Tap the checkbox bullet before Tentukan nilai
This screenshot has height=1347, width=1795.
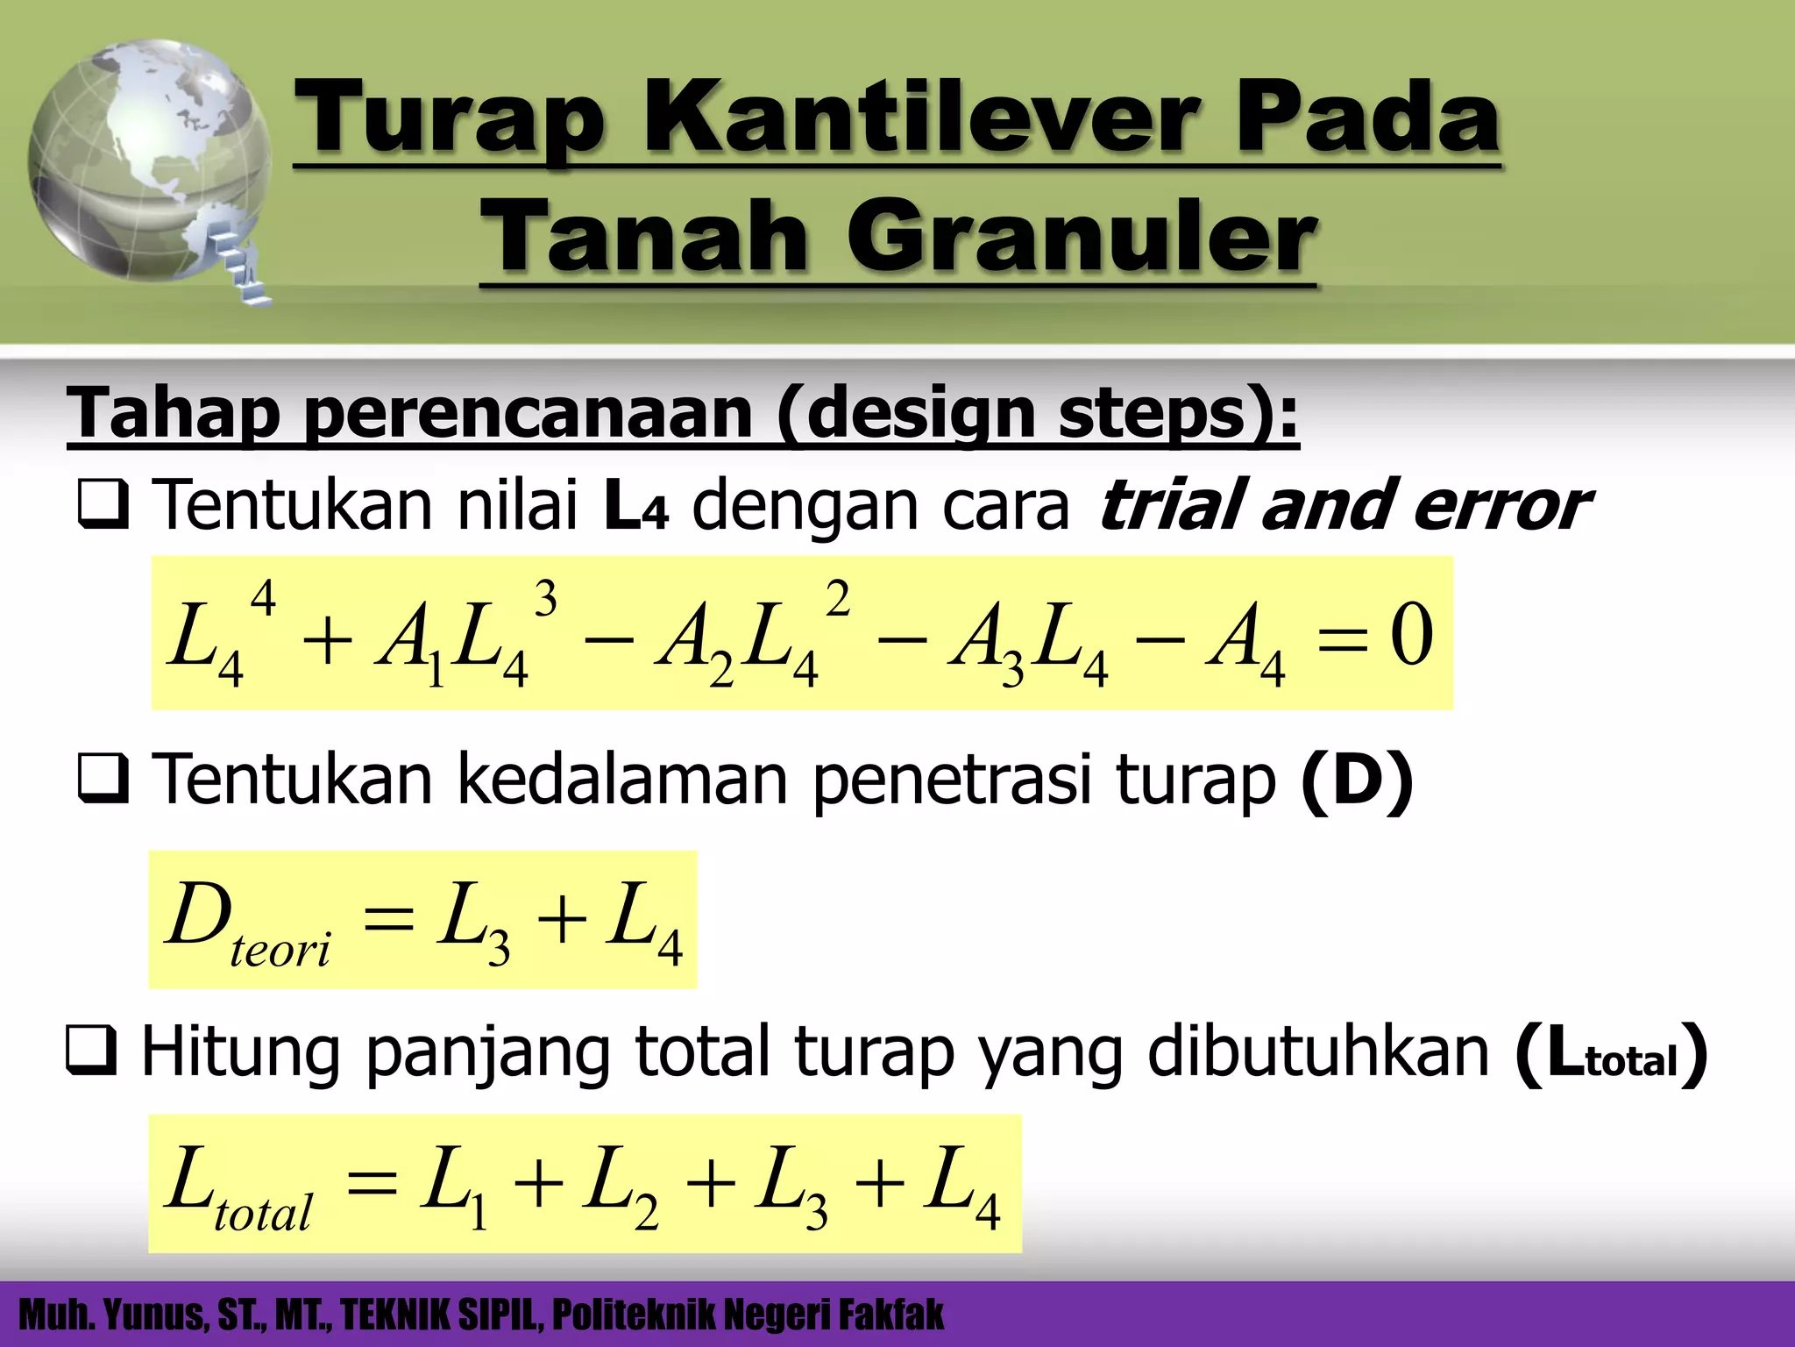[103, 508]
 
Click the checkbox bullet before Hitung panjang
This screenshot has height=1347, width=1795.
[91, 1053]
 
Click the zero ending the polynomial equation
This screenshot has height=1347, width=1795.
[1410, 634]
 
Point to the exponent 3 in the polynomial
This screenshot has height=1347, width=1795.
[545, 601]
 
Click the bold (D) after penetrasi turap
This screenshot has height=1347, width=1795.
[1357, 780]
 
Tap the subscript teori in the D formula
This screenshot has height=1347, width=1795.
[280, 951]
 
